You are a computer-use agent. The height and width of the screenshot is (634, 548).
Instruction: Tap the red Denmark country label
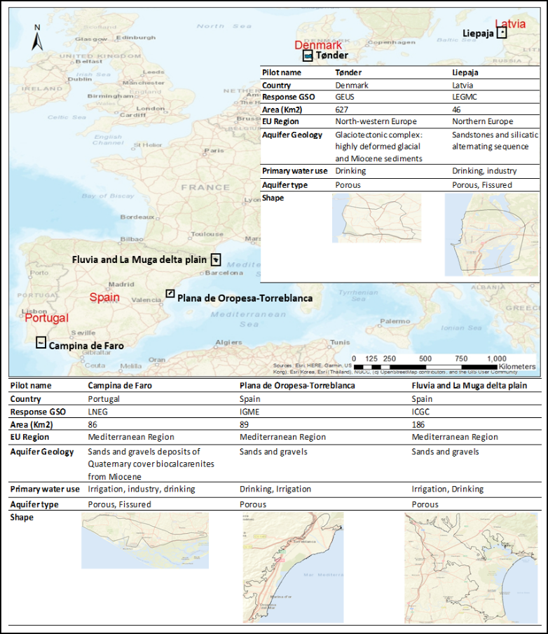pos(318,46)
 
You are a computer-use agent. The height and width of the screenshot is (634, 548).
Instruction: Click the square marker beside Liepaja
pos(502,33)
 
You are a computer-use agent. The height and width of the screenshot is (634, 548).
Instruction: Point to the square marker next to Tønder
pos(308,55)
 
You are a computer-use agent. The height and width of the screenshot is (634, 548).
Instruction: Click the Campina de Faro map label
pos(86,346)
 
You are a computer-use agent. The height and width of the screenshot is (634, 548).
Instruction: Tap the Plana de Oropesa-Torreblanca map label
pos(245,298)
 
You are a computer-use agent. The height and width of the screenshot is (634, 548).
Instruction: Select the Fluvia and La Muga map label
pos(139,259)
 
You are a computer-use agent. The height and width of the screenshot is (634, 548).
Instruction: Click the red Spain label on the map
pos(104,297)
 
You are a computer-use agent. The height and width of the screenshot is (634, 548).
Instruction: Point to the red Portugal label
pos(47,318)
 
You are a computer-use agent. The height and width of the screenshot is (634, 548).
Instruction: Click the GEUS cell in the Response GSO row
pos(345,97)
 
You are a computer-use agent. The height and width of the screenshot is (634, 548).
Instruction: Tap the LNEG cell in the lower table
pos(98,412)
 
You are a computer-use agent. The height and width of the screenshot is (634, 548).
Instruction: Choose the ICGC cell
pos(420,412)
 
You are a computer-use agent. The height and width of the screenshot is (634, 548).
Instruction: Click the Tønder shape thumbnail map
pos(376,218)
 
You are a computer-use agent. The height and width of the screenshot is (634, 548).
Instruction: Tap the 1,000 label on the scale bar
pos(497,358)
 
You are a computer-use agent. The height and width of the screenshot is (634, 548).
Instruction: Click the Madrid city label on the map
pos(121,284)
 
